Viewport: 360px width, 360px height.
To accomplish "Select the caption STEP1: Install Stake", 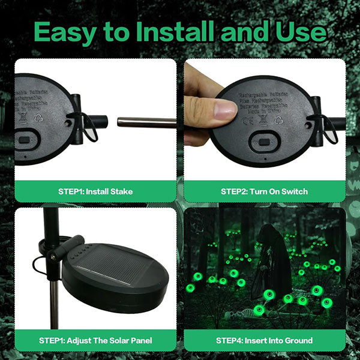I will [96, 191].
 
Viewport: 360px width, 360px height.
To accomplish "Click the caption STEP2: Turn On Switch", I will [264, 191].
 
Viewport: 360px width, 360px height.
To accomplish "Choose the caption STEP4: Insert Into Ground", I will [264, 340].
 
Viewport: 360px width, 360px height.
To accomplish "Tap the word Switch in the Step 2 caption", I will [294, 191].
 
